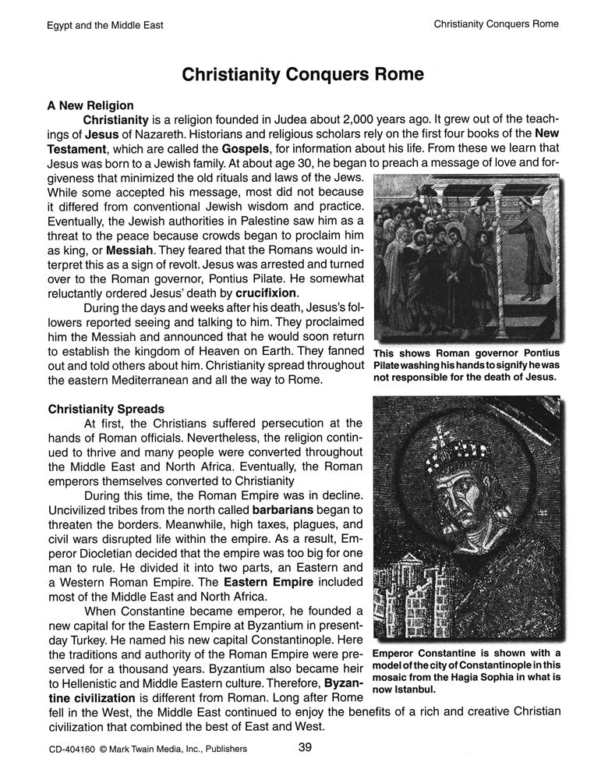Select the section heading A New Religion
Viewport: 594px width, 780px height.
(x=90, y=105)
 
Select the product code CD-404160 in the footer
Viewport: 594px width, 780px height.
(x=69, y=751)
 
